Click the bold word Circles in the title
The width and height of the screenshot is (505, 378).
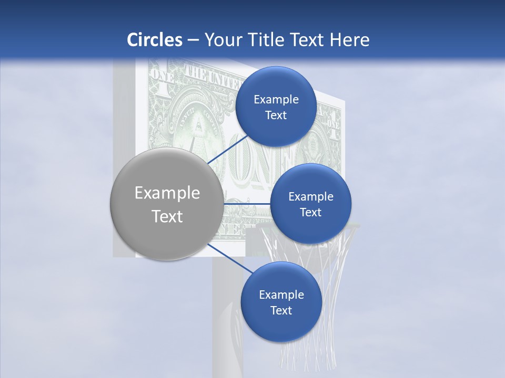pos(154,40)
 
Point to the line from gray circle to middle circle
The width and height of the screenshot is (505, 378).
pos(246,204)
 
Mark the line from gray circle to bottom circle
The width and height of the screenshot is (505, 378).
pos(229,259)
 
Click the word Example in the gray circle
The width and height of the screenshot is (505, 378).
pos(167,193)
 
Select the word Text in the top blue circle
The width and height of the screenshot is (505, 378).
pos(276,115)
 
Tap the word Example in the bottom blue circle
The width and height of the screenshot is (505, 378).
pos(281,295)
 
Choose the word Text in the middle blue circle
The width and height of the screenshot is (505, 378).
pos(310,213)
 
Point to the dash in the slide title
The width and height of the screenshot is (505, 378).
pos(193,40)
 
